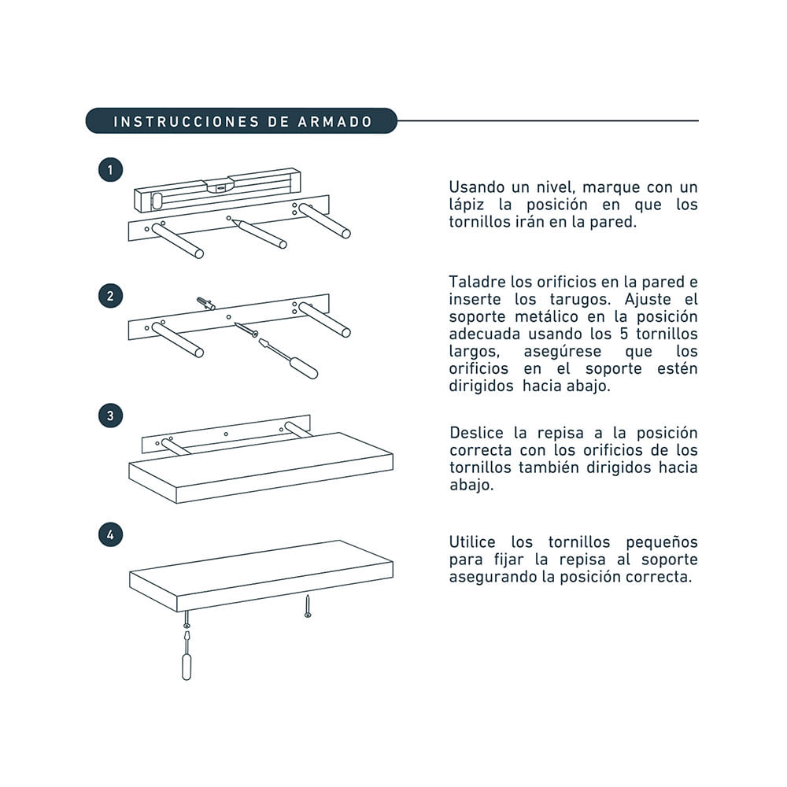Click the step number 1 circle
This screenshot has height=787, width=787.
[x=110, y=170]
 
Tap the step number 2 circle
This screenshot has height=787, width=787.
[x=110, y=296]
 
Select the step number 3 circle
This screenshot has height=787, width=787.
[x=110, y=416]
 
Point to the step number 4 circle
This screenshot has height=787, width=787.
[x=110, y=535]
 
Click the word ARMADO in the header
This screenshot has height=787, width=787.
[x=334, y=122]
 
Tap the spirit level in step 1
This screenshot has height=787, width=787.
[x=217, y=189]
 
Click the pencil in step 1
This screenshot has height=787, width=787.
[x=259, y=234]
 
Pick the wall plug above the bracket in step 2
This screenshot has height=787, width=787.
[x=205, y=303]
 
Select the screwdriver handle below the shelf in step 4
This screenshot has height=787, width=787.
[x=187, y=667]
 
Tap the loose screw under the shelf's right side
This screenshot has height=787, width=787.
[x=308, y=606]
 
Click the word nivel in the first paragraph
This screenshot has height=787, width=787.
[x=555, y=187]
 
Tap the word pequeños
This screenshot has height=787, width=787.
[x=662, y=543]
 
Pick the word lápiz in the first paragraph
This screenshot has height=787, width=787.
[x=466, y=205]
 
